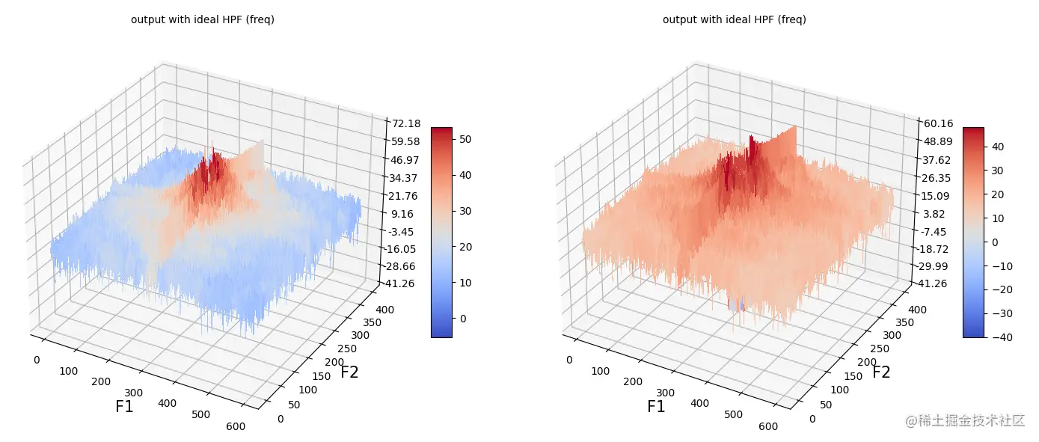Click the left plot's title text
coord(202,20)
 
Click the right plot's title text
coord(734,20)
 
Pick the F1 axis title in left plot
coord(124,407)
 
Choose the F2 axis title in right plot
coord(881,372)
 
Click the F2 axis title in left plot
coord(349,372)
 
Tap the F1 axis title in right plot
coord(656,407)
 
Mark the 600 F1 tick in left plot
coord(235,426)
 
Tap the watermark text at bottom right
coord(964,420)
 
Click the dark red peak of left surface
coord(215,160)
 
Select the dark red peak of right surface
coord(751,146)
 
